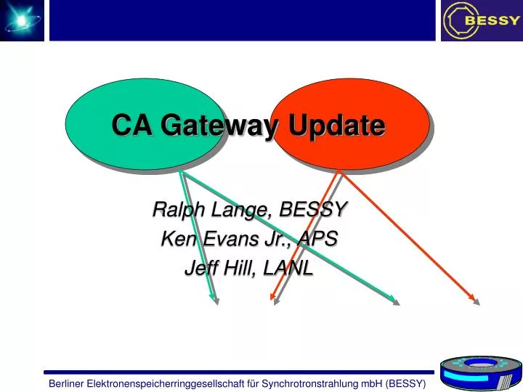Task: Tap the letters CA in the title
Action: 131,126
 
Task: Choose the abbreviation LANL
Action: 288,268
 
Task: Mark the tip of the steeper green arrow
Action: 214,300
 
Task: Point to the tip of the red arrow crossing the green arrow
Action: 271,299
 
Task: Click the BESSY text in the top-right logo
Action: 492,20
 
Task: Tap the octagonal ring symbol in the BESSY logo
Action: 455,20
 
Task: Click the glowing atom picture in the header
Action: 22,20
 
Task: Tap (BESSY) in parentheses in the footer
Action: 406,383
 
